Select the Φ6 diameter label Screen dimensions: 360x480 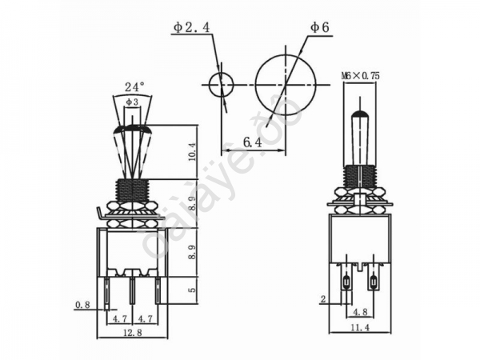pyautogui.click(x=320, y=28)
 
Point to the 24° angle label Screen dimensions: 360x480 pyautogui.click(x=134, y=86)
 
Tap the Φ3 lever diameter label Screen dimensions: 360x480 pyautogui.click(x=132, y=102)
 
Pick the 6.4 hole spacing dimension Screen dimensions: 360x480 pyautogui.click(x=253, y=142)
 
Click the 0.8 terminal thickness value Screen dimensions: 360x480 pyautogui.click(x=82, y=304)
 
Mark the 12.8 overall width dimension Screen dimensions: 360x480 pyautogui.click(x=132, y=332)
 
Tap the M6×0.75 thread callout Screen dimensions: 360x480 pyautogui.click(x=360, y=75)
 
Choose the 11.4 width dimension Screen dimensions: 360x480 pyautogui.click(x=360, y=327)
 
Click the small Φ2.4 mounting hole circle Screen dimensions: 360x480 pyautogui.click(x=220, y=83)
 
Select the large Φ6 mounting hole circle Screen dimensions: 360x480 pyautogui.click(x=286, y=83)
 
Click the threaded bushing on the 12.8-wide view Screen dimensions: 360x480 pyautogui.click(x=132, y=190)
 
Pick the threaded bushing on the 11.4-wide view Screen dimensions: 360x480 pyautogui.click(x=360, y=177)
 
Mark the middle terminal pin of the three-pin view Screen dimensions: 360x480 pyautogui.click(x=132, y=291)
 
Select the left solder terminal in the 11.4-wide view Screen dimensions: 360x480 pyautogui.click(x=346, y=282)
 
